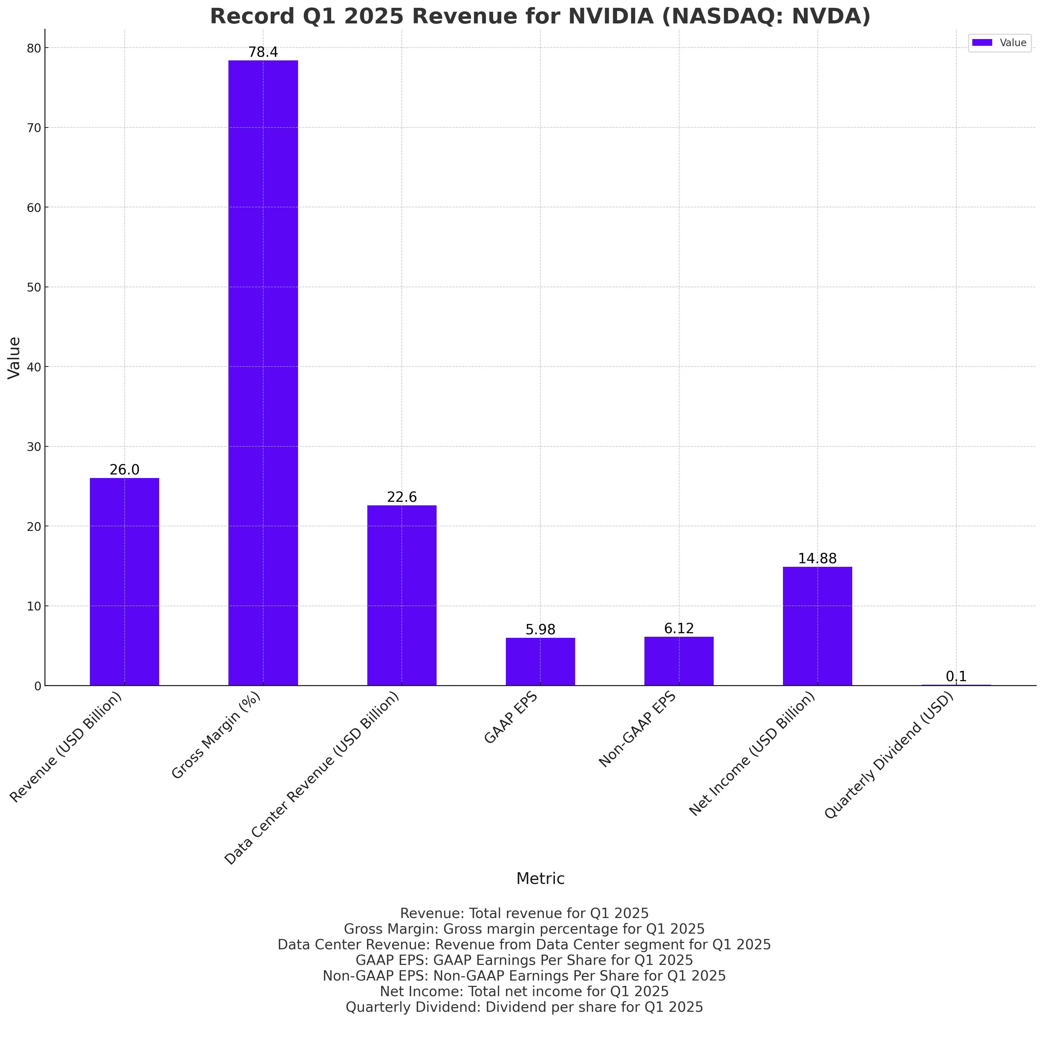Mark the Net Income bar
click(x=817, y=626)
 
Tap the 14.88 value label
click(x=817, y=559)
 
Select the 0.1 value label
click(x=956, y=677)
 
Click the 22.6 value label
click(x=402, y=497)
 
